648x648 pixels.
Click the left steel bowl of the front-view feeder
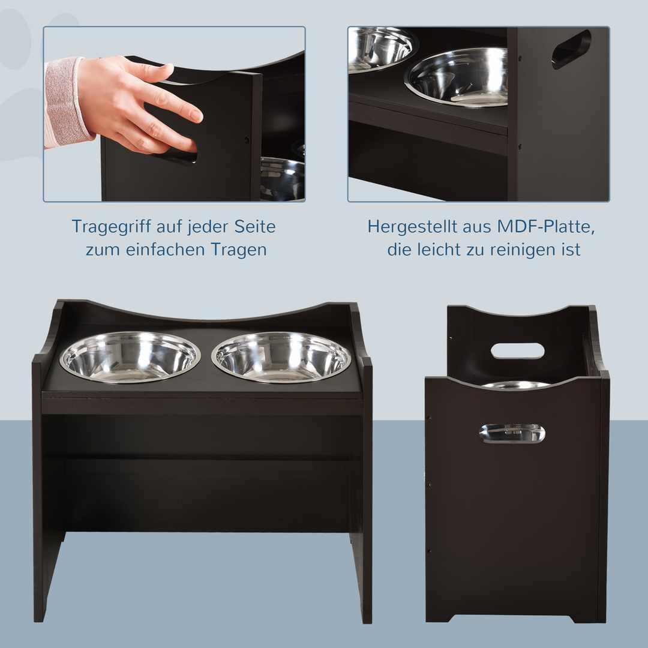coord(130,356)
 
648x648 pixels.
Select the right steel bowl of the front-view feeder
coord(281,356)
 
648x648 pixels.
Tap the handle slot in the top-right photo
coord(572,49)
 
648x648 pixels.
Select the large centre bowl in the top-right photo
coord(457,77)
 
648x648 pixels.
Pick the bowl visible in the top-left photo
coord(283,179)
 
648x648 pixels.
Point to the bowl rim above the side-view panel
coord(516,385)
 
